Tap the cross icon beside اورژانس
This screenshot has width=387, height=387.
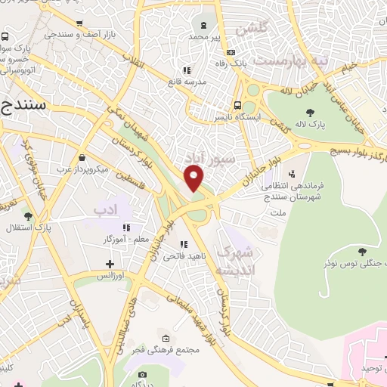click(110, 265)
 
